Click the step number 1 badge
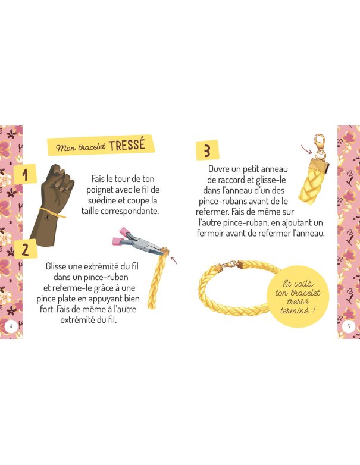pyautogui.click(x=25, y=174)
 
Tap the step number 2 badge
pyautogui.click(x=25, y=249)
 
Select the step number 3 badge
pyautogui.click(x=208, y=150)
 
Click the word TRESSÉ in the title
pyautogui.click(x=127, y=145)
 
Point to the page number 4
pyautogui.click(x=11, y=326)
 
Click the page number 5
pyautogui.click(x=349, y=326)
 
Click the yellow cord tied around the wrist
pyautogui.click(x=52, y=213)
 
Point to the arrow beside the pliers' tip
pyautogui.click(x=174, y=260)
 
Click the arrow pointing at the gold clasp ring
pyautogui.click(x=306, y=149)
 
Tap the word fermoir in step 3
pyautogui.click(x=210, y=233)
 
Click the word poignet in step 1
pyautogui.click(x=99, y=190)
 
